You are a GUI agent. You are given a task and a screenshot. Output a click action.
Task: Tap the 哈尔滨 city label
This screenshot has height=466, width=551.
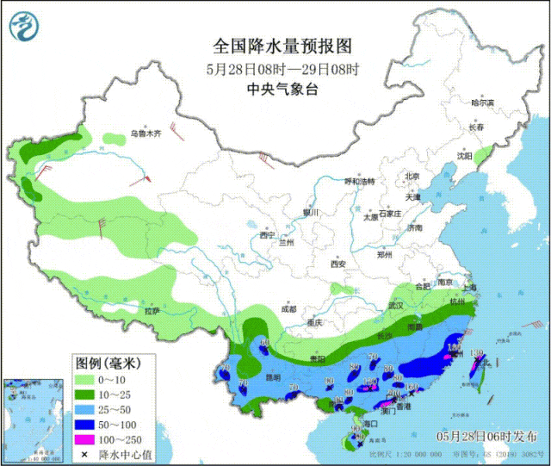[483, 103]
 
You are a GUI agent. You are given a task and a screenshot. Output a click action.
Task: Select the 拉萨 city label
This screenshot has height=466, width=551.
[152, 310]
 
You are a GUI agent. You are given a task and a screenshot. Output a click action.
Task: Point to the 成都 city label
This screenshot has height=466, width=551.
[288, 308]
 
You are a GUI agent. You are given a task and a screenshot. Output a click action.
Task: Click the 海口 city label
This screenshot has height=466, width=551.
[371, 425]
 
